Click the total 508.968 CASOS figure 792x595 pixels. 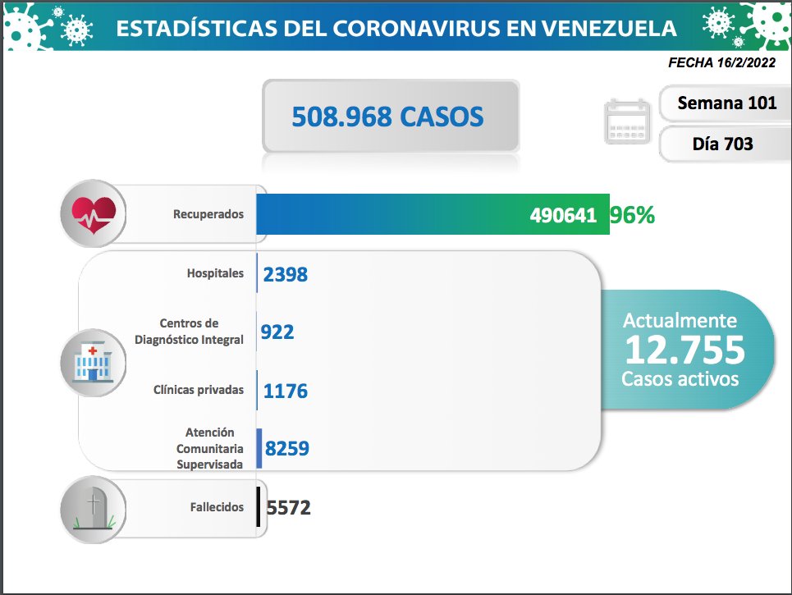click(388, 117)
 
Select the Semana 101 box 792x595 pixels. click(716, 103)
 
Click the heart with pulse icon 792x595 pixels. click(94, 213)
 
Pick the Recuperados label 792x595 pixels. click(208, 214)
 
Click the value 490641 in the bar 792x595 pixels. click(564, 215)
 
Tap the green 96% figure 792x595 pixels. click(632, 215)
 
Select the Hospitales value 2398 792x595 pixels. click(285, 274)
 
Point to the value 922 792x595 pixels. click(277, 332)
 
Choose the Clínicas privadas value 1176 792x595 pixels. click(285, 391)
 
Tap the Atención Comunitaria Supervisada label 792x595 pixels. click(209, 448)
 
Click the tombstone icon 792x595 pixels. click(94, 509)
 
